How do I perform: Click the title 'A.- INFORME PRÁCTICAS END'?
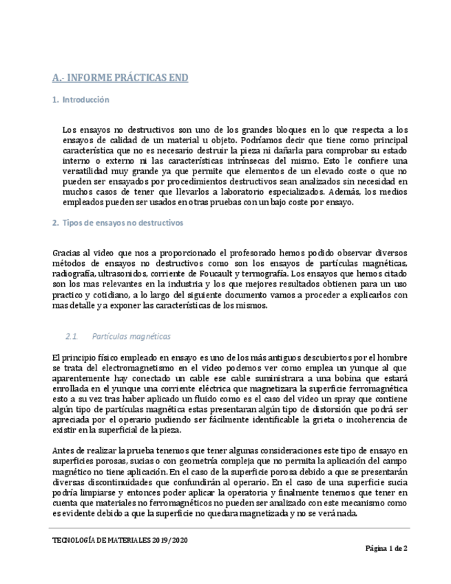pyautogui.click(x=120, y=78)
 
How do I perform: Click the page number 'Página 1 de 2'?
pyautogui.click(x=386, y=549)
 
